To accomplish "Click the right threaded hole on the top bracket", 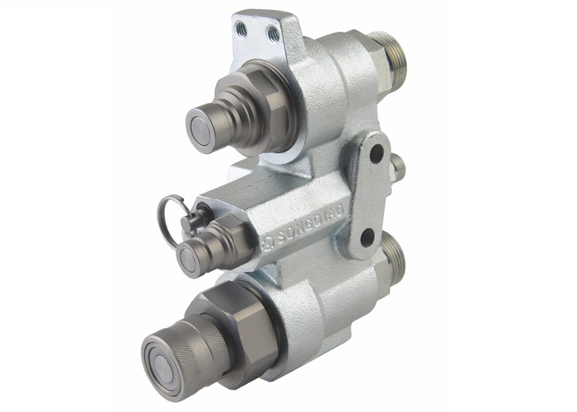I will (272, 33).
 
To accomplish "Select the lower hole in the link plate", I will (366, 239).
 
